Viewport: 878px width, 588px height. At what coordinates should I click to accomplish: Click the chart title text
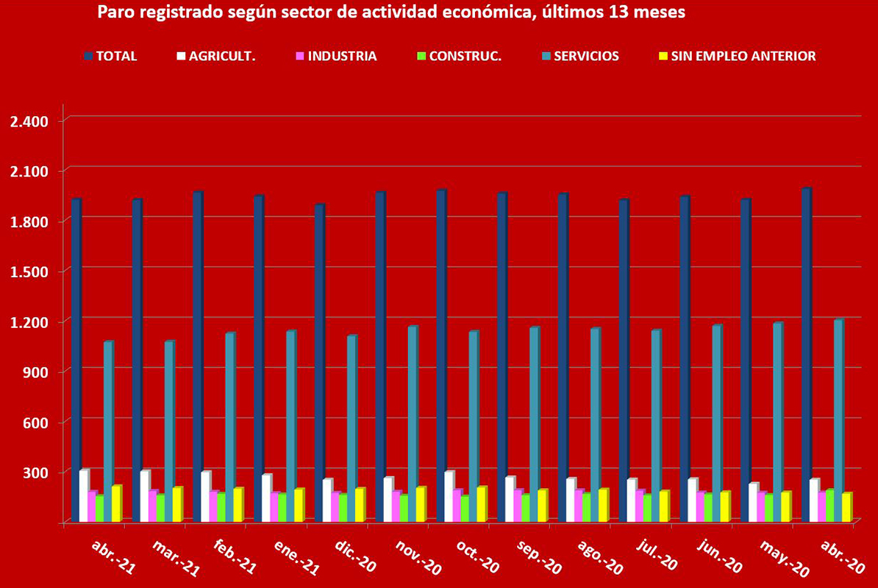[x=390, y=12]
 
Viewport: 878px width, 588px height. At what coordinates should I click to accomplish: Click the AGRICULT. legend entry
[x=221, y=56]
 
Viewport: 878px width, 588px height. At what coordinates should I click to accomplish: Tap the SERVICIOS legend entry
[x=585, y=56]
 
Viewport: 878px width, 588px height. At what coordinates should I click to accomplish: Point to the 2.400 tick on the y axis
[x=29, y=121]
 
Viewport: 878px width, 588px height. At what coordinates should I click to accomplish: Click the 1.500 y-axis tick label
[x=29, y=271]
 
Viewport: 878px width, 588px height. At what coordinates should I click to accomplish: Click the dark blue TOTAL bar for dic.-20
[x=319, y=363]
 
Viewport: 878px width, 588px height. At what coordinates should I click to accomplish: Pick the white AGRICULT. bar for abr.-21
[x=84, y=495]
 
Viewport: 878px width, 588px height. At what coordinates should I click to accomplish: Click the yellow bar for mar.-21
[x=177, y=504]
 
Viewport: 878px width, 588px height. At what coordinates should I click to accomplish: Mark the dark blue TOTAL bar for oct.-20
[x=441, y=356]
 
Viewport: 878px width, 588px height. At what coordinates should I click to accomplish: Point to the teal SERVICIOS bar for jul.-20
[x=655, y=426]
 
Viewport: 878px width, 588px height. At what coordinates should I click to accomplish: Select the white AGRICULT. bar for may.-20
[x=752, y=503]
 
